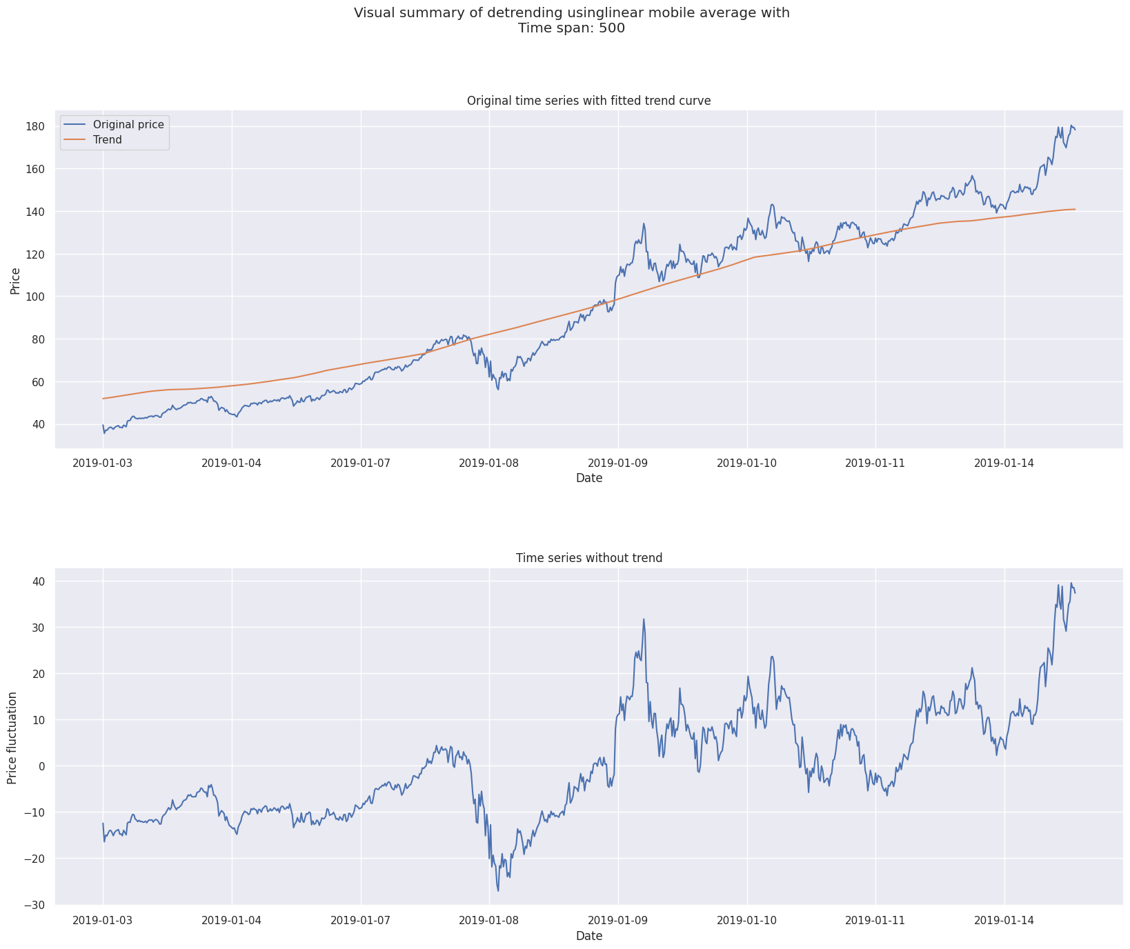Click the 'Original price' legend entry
click(x=128, y=125)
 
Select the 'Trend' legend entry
click(x=108, y=140)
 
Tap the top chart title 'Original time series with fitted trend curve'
click(x=588, y=101)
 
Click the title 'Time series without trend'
click(x=588, y=558)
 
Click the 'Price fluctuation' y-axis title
click(x=12, y=737)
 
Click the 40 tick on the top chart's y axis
click(x=38, y=425)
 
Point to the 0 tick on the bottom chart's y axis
click(x=41, y=766)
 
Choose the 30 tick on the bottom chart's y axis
click(x=38, y=628)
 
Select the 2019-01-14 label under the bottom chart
click(x=1004, y=921)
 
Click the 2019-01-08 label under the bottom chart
click(x=489, y=921)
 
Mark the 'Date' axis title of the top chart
click(x=588, y=478)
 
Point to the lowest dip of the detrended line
click(x=498, y=890)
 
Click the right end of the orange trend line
click(x=1075, y=209)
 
